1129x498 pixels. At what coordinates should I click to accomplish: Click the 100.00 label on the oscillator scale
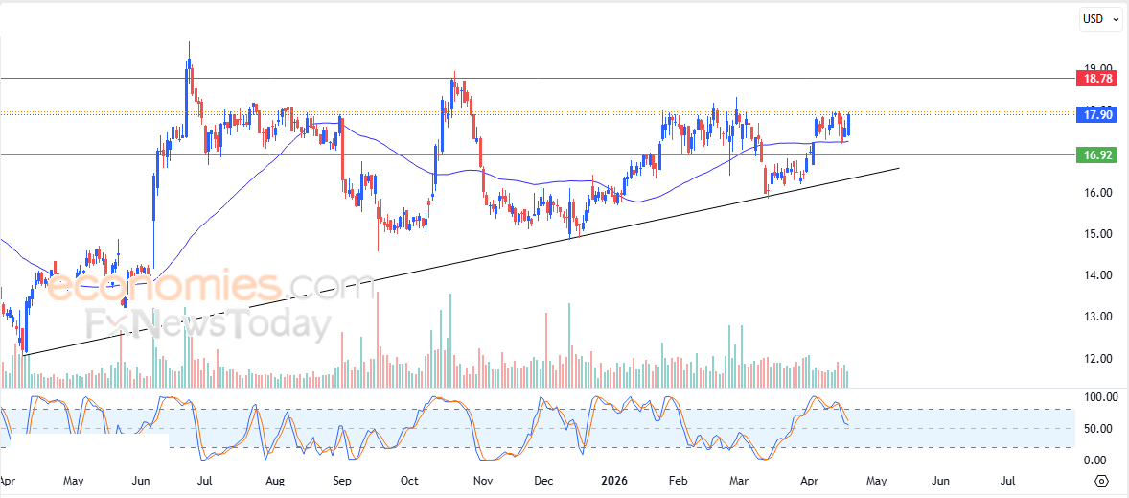pyautogui.click(x=1098, y=396)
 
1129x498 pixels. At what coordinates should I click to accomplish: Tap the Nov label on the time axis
pyautogui.click(x=483, y=480)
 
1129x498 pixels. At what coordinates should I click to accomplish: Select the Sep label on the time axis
pyautogui.click(x=342, y=480)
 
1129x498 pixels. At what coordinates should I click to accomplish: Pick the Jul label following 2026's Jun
pyautogui.click(x=1008, y=480)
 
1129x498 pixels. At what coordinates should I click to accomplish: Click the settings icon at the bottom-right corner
pyautogui.click(x=1101, y=481)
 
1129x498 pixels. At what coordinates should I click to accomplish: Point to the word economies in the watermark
pyautogui.click(x=163, y=285)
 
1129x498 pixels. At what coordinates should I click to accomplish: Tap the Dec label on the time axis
pyautogui.click(x=544, y=480)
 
